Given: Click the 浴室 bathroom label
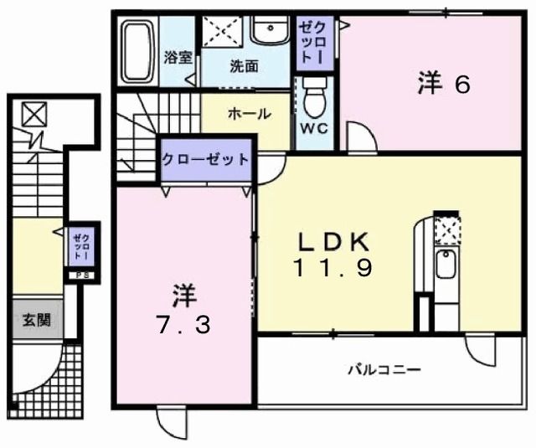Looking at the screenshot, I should (178, 59).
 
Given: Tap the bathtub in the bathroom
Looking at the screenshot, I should (138, 52).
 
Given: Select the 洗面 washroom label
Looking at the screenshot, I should (244, 66).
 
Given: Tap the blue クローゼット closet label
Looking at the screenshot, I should (205, 159).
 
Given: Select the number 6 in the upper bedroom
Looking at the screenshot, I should (462, 85).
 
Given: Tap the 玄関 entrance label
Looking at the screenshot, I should (35, 319).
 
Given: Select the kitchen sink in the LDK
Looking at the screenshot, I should (446, 267).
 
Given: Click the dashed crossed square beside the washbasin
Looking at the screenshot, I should (224, 33).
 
